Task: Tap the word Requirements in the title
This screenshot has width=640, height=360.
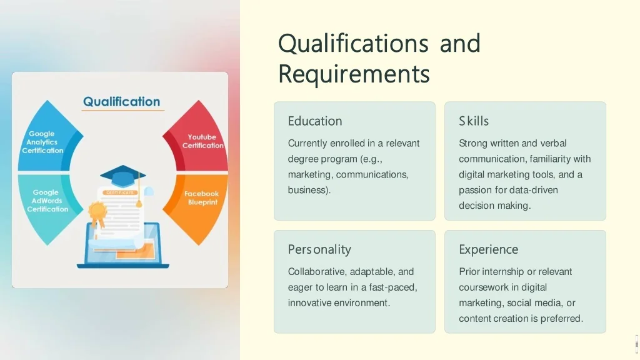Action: (354, 74)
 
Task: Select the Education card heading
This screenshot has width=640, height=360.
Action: (315, 121)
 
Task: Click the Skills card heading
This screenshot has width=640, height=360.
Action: (474, 121)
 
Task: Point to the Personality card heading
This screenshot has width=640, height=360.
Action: (319, 250)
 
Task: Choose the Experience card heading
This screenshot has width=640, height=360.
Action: (488, 250)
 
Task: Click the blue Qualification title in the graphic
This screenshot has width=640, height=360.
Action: (122, 102)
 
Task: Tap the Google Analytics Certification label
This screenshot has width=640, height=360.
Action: (42, 142)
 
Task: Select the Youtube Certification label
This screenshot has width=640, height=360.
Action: (202, 141)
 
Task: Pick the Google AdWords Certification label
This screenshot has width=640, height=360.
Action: (47, 201)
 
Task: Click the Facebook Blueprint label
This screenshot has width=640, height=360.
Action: (202, 198)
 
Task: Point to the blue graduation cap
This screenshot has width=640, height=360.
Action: (122, 176)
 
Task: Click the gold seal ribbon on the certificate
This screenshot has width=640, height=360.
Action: (97, 214)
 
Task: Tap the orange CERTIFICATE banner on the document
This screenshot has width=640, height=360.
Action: (120, 192)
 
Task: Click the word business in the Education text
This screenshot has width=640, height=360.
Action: (308, 190)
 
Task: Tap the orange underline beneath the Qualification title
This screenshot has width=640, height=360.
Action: (123, 110)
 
